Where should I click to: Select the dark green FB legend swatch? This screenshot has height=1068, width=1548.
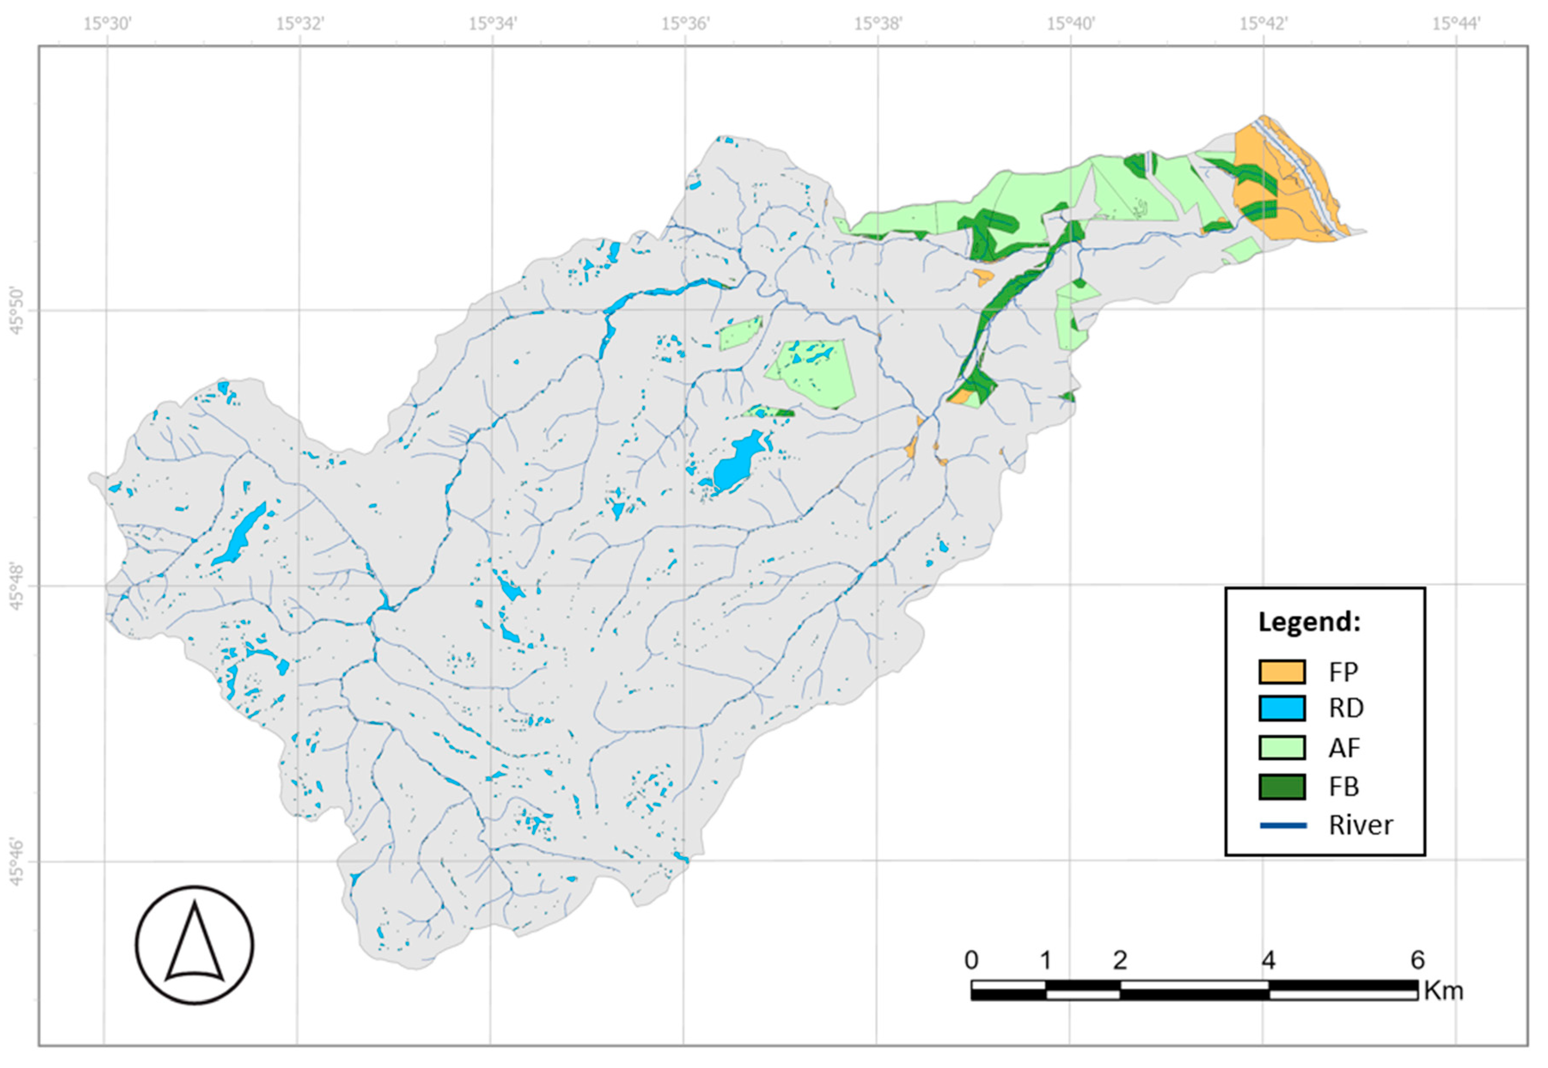[x=1282, y=786]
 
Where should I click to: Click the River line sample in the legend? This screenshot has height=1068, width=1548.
[x=1282, y=825]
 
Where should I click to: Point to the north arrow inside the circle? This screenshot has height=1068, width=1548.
[x=194, y=943]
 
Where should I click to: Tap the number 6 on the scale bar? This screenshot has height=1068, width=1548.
[x=1417, y=960]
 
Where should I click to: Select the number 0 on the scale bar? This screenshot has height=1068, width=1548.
[x=971, y=960]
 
